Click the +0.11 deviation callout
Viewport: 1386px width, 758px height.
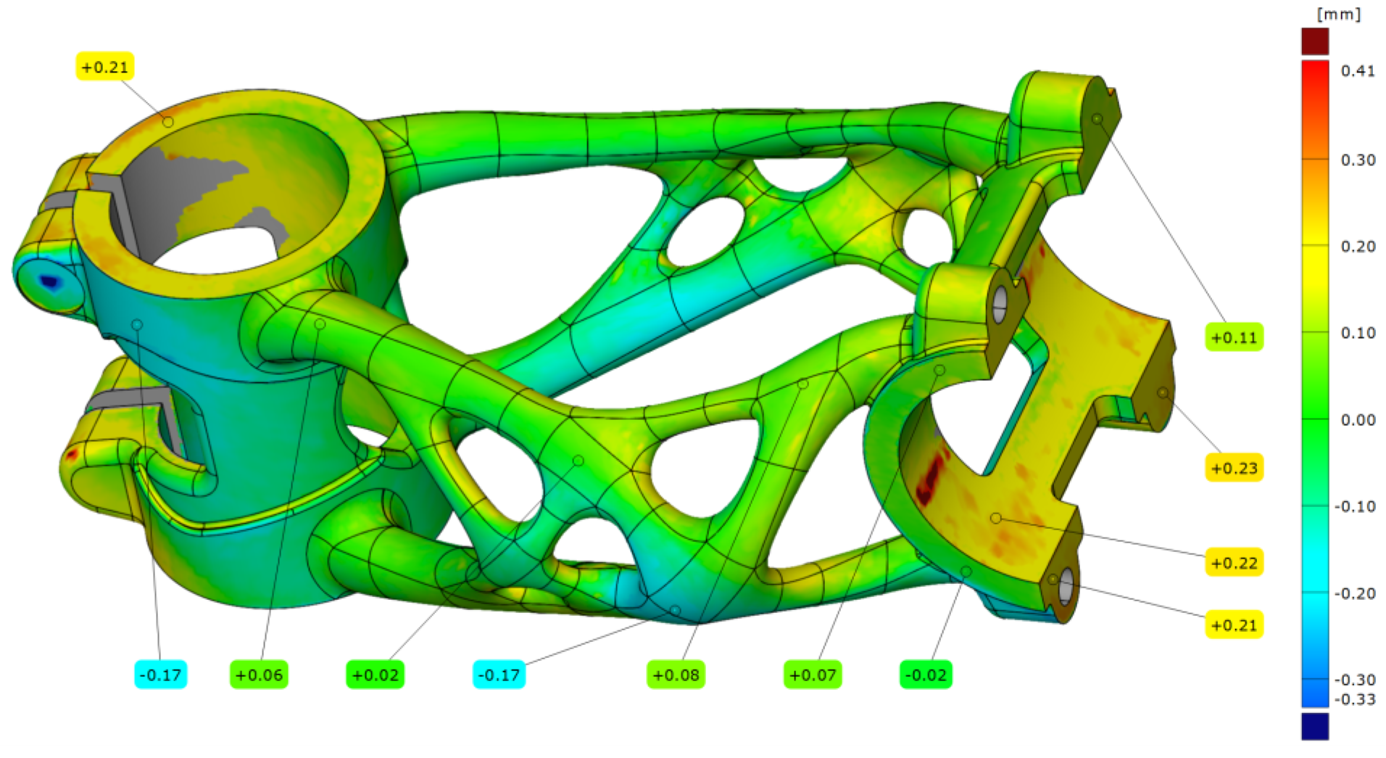tap(1234, 337)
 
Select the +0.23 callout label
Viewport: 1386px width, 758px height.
tap(1234, 468)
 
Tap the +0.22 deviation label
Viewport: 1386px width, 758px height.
tap(1234, 563)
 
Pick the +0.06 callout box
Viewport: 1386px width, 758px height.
tap(260, 675)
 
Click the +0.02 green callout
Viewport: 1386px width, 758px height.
tap(375, 675)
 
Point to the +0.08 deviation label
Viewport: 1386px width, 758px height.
tap(676, 675)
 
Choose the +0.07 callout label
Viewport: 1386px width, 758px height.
tap(813, 675)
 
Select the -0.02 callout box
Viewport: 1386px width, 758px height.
tap(926, 675)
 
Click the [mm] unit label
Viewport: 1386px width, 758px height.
tap(1339, 15)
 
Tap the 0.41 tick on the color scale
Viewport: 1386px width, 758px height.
tap(1358, 70)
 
